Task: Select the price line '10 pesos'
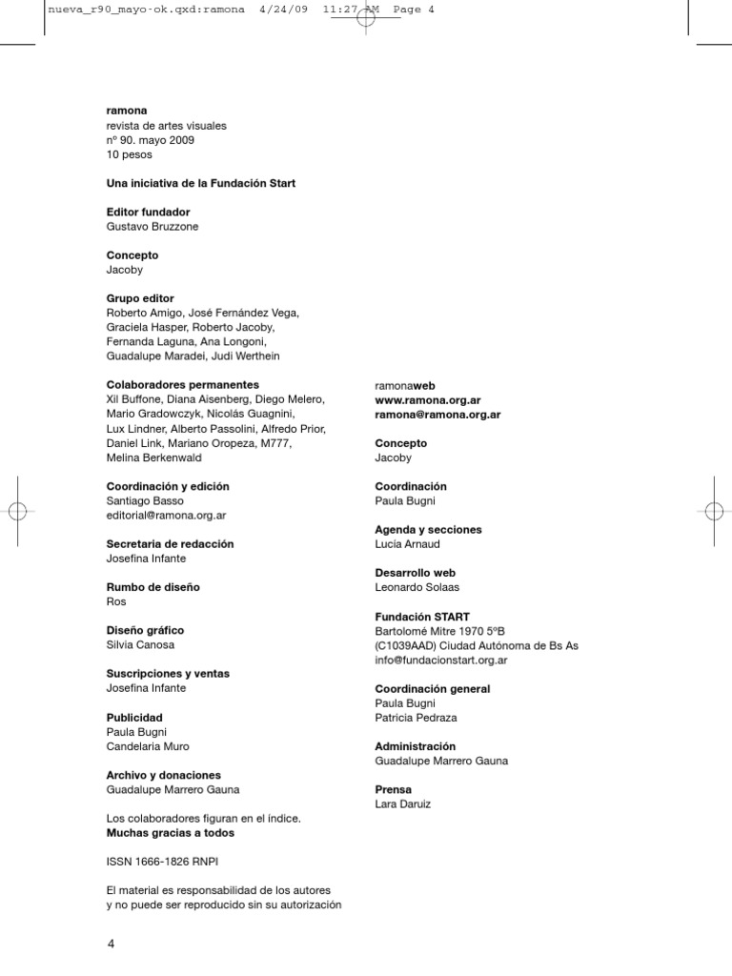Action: (129, 154)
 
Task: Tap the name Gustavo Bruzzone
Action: (152, 227)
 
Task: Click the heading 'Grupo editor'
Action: (140, 298)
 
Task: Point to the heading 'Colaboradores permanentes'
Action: (180, 385)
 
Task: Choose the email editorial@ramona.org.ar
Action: (166, 515)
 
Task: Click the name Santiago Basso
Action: (144, 500)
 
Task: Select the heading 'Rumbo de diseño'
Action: (152, 587)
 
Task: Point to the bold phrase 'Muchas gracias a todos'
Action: (170, 833)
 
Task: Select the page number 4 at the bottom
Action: (111, 945)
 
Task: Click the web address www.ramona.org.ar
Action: (427, 400)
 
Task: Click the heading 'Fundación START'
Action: (422, 617)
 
